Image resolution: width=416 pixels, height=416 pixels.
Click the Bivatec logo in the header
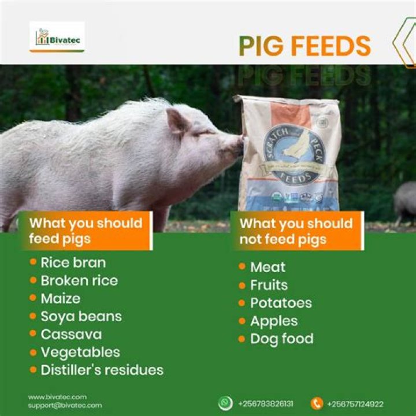point(57,38)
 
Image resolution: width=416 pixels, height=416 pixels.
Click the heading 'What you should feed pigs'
point(86,231)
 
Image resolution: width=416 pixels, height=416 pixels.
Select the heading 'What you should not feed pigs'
point(296,231)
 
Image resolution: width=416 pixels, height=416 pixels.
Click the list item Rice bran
point(73,263)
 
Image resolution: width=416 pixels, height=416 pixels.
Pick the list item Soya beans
point(81,317)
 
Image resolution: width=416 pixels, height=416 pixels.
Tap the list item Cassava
point(71,335)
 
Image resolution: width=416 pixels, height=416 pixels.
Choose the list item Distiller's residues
point(102,370)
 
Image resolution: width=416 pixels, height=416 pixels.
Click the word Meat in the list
point(268,267)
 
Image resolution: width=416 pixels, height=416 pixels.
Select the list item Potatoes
point(281,303)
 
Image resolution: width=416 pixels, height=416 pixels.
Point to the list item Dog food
point(281,339)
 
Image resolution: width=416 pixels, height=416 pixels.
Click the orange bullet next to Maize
point(33,298)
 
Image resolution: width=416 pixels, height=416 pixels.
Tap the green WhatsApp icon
point(225,403)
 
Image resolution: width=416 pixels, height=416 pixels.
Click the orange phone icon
point(316,403)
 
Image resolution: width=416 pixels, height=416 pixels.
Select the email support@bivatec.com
point(65,406)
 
